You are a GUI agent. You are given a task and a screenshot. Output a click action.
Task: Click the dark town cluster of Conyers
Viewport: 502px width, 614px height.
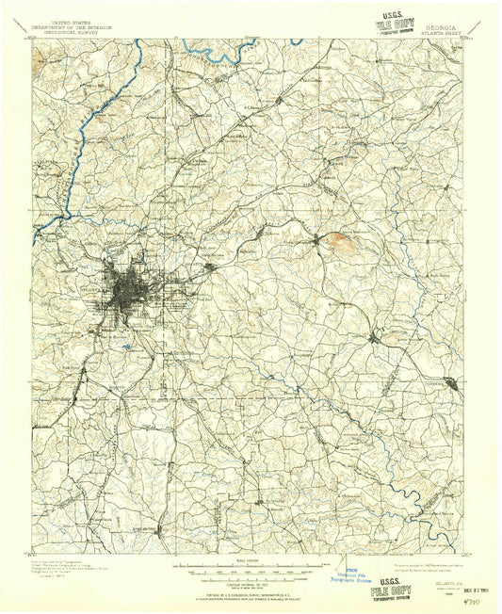(x=454, y=382)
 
